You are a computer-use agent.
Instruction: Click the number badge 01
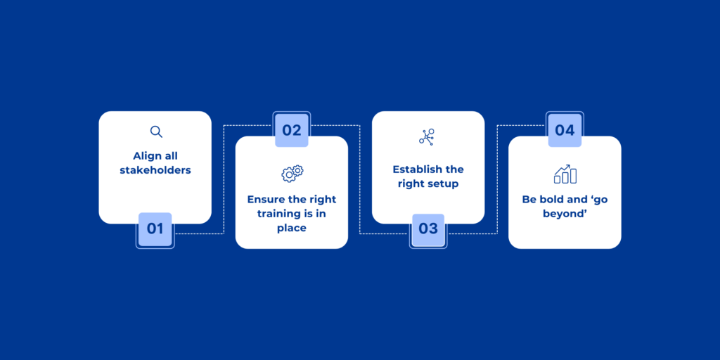pyautogui.click(x=155, y=229)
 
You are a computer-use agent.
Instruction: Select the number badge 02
pyautogui.click(x=292, y=130)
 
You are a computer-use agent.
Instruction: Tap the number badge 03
pyautogui.click(x=428, y=229)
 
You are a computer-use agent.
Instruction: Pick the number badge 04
pyautogui.click(x=565, y=130)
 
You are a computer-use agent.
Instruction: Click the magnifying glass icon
pyautogui.click(x=156, y=131)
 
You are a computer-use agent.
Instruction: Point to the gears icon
pyautogui.click(x=292, y=173)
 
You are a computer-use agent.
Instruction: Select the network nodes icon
pyautogui.click(x=427, y=137)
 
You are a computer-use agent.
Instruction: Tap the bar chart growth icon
pyautogui.click(x=565, y=174)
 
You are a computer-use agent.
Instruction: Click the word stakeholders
pyautogui.click(x=155, y=170)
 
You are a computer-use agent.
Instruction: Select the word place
pyautogui.click(x=292, y=229)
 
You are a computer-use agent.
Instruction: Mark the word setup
pyautogui.click(x=445, y=185)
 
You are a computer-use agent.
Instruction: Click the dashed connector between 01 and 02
pyautogui.click(x=224, y=179)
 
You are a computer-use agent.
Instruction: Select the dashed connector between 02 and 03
pyautogui.click(x=360, y=179)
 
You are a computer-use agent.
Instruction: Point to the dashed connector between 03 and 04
pyautogui.click(x=497, y=179)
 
